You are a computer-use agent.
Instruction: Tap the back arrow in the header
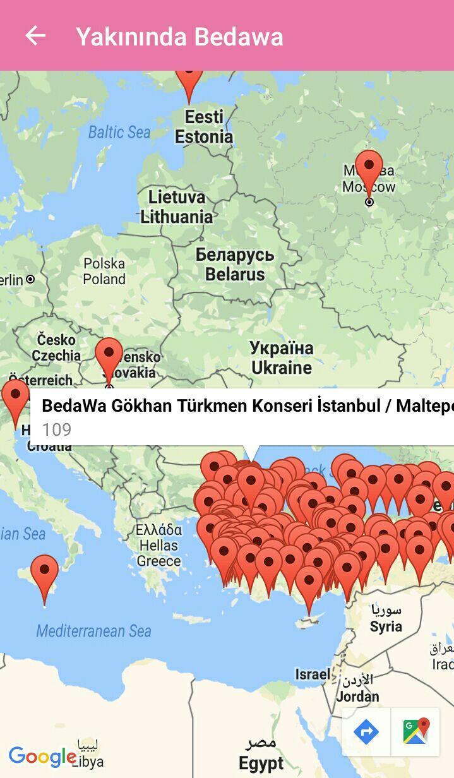click(x=35, y=36)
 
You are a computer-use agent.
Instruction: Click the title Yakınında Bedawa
click(x=179, y=37)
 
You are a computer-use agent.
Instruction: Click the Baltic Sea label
click(x=119, y=132)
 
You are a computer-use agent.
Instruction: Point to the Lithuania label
click(x=177, y=207)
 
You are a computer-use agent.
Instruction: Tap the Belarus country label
click(x=235, y=265)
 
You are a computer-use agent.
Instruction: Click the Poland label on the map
click(x=104, y=271)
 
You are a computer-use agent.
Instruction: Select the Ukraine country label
click(x=282, y=358)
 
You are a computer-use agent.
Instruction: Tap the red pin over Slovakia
click(x=109, y=356)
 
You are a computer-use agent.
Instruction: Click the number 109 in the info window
click(x=57, y=430)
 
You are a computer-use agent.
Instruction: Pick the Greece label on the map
click(x=159, y=546)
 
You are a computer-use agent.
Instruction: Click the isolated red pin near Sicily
click(x=44, y=573)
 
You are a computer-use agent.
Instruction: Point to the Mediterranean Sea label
click(x=94, y=630)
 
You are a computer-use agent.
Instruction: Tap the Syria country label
click(x=386, y=619)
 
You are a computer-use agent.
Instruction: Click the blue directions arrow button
click(x=366, y=732)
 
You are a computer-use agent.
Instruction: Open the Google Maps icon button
click(x=416, y=732)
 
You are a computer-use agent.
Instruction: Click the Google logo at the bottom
click(x=42, y=756)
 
